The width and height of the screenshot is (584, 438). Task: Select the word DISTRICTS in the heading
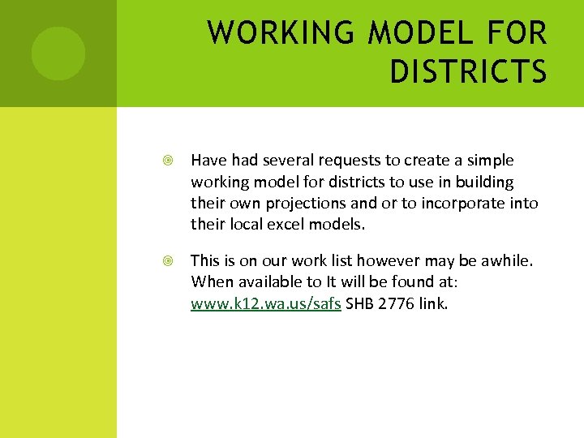click(x=468, y=72)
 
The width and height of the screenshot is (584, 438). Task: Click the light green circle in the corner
click(x=58, y=54)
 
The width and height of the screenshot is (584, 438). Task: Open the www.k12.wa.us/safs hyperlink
click(x=266, y=303)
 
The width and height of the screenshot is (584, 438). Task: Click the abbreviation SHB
click(x=362, y=303)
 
